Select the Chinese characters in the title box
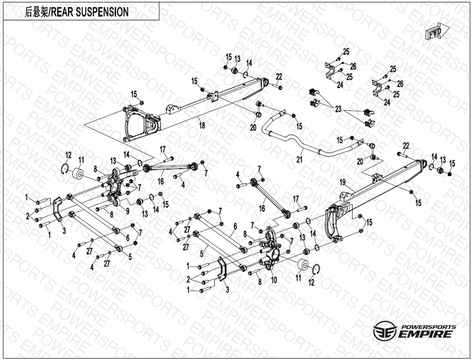(x=37, y=12)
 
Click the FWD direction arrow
(x=437, y=33)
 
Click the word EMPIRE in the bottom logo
(x=425, y=334)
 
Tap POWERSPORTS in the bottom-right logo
(x=428, y=326)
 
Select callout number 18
(x=202, y=126)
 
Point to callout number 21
(x=299, y=159)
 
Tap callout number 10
(x=273, y=280)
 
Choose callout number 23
(x=338, y=109)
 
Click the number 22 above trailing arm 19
(x=406, y=145)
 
